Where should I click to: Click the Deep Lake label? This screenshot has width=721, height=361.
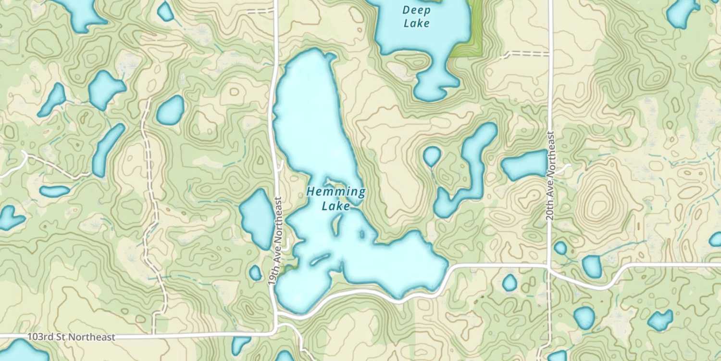click(416, 16)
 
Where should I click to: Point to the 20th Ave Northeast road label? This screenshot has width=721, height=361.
click(550, 176)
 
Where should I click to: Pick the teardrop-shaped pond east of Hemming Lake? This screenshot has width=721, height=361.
click(432, 155)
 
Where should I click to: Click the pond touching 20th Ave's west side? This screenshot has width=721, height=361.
click(525, 165)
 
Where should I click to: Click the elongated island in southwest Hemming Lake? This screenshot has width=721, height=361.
click(320, 260)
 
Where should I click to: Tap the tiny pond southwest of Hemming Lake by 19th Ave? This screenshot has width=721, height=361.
click(256, 273)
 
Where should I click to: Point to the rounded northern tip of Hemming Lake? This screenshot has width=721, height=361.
click(312, 58)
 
